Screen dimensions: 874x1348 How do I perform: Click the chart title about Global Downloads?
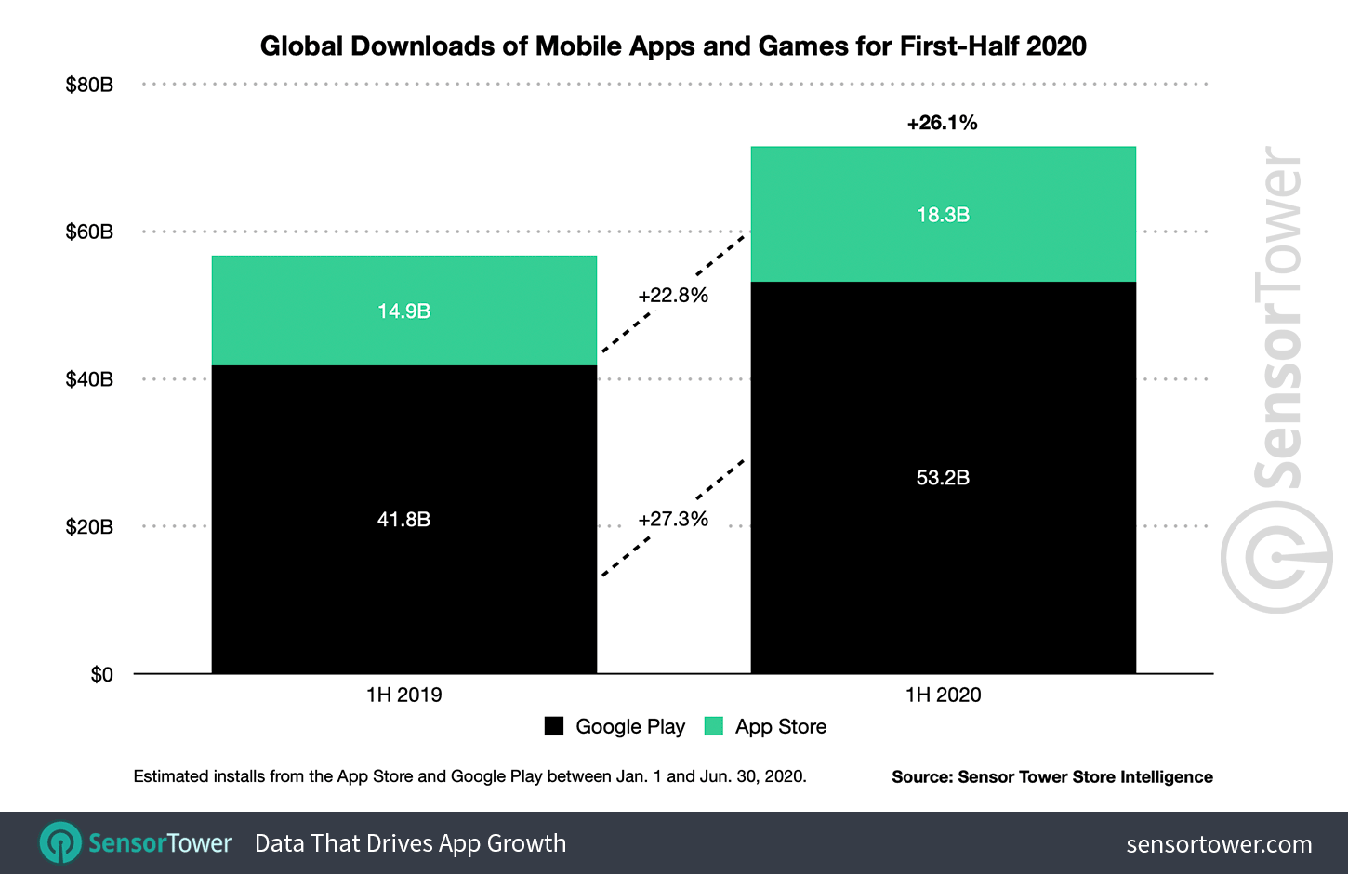coord(673,46)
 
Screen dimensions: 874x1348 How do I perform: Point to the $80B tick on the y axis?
coord(89,85)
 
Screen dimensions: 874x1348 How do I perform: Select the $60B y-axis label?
coord(89,232)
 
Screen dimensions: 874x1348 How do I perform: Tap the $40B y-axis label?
coord(89,379)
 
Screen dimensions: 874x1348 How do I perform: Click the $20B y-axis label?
coord(89,526)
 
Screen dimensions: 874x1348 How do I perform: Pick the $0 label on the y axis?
coord(101,674)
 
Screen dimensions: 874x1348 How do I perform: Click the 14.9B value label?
coord(403,311)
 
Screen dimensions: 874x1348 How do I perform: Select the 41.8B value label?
coord(403,519)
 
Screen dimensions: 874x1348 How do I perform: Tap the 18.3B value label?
coord(943,215)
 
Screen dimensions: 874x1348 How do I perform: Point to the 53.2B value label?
coord(943,477)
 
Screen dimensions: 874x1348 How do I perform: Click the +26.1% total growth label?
coord(942,123)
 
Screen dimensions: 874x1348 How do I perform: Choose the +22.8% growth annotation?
coord(673,296)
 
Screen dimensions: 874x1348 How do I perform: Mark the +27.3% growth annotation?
coord(673,519)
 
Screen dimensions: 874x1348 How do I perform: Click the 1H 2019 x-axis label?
coord(403,695)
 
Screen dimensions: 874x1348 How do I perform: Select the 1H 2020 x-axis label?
coord(943,695)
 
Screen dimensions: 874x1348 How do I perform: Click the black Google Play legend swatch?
coord(554,726)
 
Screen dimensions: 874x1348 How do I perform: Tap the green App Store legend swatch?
coord(714,726)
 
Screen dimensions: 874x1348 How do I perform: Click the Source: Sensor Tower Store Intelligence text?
coord(1051,776)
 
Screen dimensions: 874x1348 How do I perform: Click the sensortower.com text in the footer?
coord(1219,844)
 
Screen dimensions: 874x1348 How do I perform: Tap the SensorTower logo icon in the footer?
coord(60,842)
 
